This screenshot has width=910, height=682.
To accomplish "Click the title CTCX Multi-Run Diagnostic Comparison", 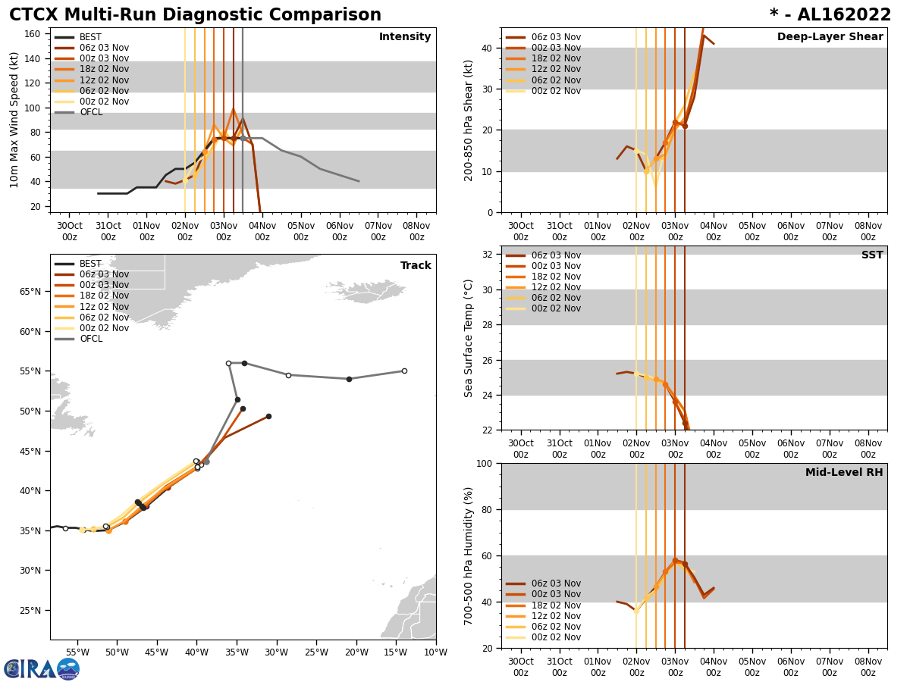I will point(195,15).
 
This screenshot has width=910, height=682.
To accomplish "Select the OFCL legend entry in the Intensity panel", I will point(90,112).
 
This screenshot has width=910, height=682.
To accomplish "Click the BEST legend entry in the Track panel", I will point(90,264).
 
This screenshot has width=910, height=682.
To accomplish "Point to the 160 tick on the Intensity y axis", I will point(34,33).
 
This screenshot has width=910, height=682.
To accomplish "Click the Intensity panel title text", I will point(405,37).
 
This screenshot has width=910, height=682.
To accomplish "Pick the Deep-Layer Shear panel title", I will point(830,37).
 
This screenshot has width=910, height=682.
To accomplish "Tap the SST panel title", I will point(871,255).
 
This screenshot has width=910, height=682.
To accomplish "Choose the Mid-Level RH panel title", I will point(844,473).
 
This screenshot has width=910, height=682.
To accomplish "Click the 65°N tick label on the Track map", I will point(29,292).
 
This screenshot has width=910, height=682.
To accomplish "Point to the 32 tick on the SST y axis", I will point(488,255).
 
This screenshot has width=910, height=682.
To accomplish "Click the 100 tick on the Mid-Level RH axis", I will point(485,463).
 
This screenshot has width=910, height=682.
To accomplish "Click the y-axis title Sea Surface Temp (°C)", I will point(469,338).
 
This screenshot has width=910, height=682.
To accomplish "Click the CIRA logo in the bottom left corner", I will point(42,668).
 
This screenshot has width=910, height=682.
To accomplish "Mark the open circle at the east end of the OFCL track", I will point(404,371).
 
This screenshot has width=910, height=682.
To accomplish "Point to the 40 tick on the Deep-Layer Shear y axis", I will point(488,48).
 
